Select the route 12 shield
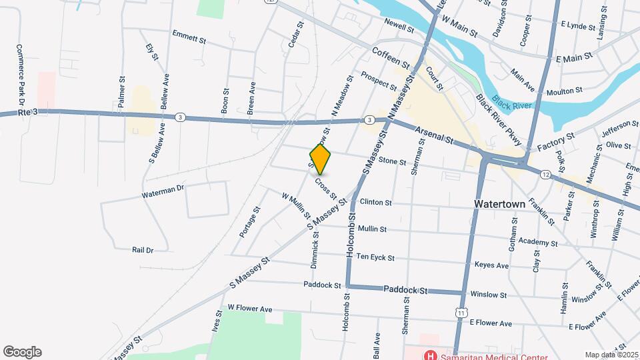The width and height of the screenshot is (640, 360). click(545, 175)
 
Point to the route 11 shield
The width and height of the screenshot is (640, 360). click(461, 312)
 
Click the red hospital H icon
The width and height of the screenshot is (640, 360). click(431, 355)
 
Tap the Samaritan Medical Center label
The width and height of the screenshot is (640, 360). click(493, 355)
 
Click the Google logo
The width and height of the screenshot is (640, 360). click(22, 352)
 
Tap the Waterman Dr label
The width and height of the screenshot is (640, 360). click(162, 191)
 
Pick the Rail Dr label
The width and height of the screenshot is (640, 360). click(143, 250)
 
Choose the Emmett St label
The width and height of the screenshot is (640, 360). click(189, 35)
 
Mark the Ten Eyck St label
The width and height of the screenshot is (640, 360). click(375, 257)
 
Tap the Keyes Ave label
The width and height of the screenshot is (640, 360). click(491, 265)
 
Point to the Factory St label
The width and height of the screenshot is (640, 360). click(557, 140)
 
